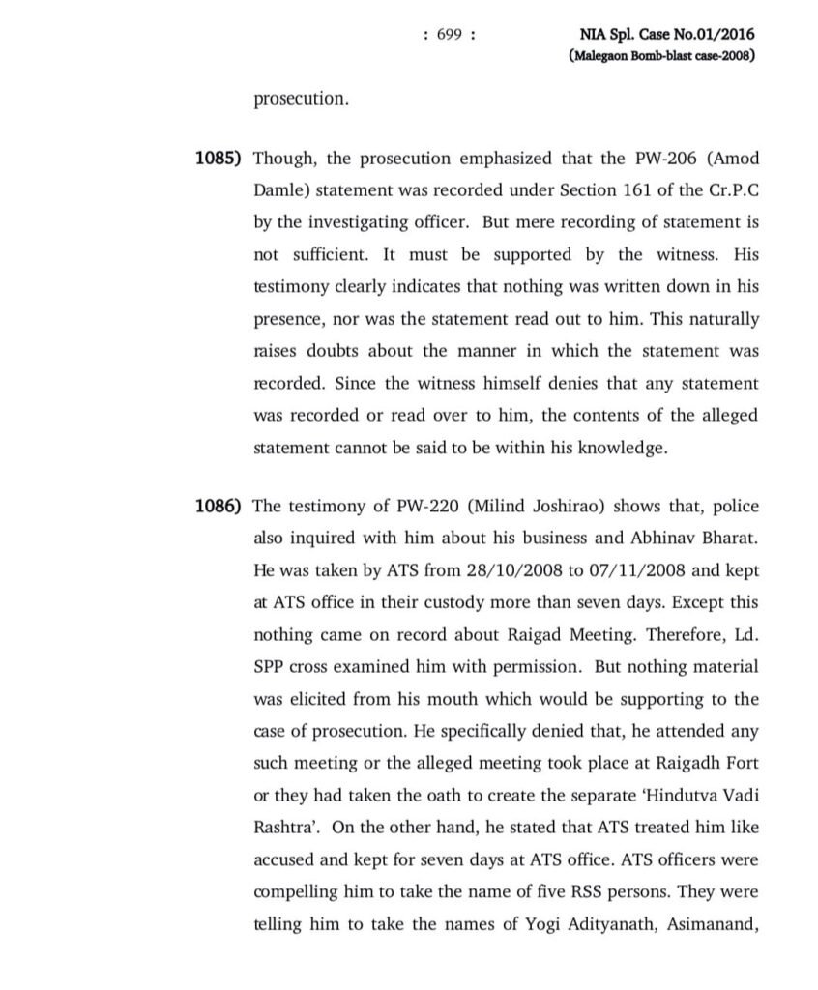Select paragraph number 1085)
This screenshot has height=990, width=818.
(x=220, y=159)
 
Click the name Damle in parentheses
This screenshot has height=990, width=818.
(x=279, y=190)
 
